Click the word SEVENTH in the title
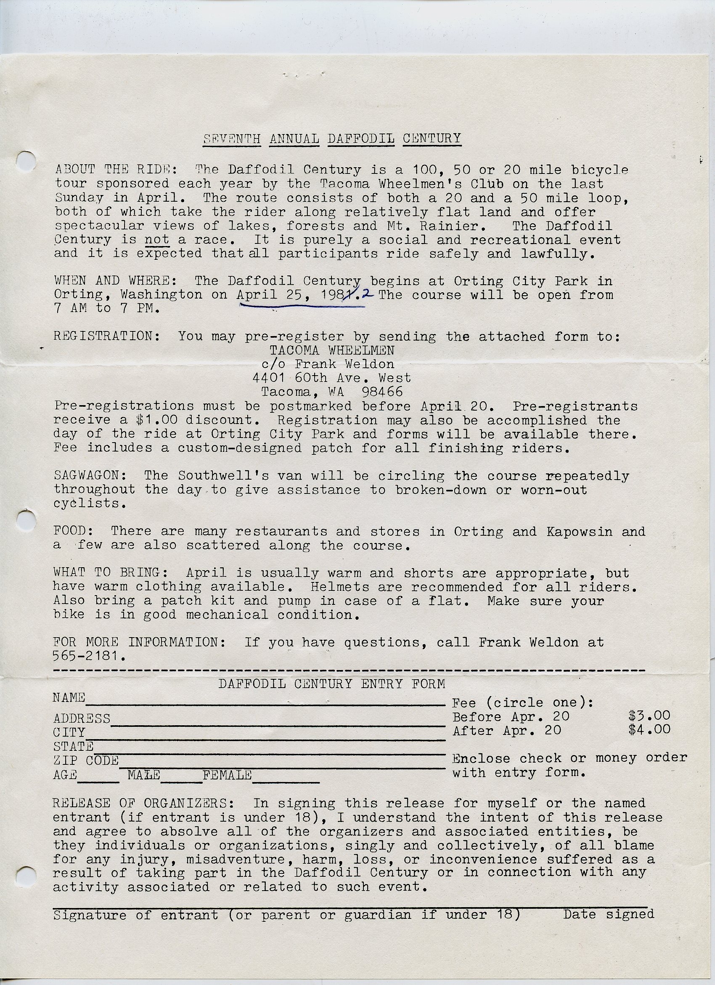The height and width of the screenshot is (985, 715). pyautogui.click(x=232, y=139)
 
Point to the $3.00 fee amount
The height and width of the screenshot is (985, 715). pyautogui.click(x=649, y=715)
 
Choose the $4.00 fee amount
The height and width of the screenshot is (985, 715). pyautogui.click(x=649, y=729)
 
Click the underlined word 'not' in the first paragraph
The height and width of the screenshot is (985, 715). pyautogui.click(x=156, y=239)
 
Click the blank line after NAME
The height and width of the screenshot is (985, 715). pyautogui.click(x=265, y=703)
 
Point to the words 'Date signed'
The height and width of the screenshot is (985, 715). pyautogui.click(x=608, y=914)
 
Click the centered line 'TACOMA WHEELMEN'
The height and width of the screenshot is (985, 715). pyautogui.click(x=332, y=350)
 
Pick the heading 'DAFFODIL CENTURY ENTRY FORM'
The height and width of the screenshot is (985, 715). pyautogui.click(x=331, y=684)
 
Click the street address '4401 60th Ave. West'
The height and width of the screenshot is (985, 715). pyautogui.click(x=331, y=378)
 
